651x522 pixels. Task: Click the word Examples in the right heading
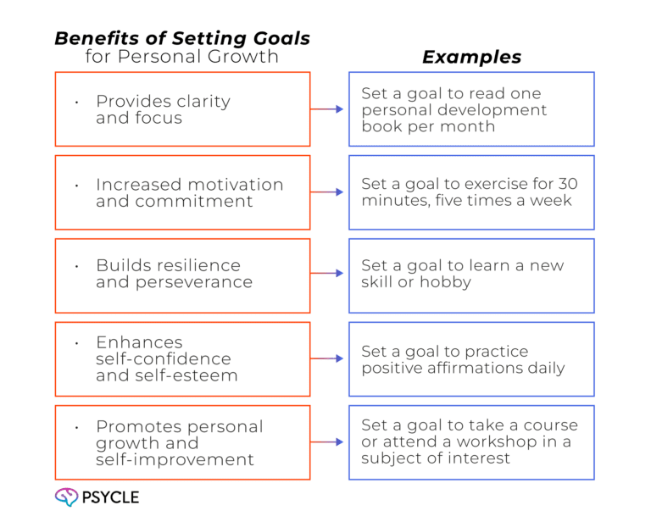(471, 58)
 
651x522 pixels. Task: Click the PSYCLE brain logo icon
(64, 497)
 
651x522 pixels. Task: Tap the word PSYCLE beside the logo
(110, 497)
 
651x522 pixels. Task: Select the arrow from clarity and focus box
(328, 109)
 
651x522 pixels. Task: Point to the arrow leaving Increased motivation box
(328, 192)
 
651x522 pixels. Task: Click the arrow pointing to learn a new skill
(328, 275)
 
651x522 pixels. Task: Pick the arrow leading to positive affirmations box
(328, 358)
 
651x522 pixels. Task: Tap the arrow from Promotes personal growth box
(328, 441)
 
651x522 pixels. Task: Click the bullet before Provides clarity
(77, 102)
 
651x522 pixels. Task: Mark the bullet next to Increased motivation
(77, 185)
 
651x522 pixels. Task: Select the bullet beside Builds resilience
(77, 266)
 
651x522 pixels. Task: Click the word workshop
(511, 441)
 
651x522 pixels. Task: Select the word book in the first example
(381, 127)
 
